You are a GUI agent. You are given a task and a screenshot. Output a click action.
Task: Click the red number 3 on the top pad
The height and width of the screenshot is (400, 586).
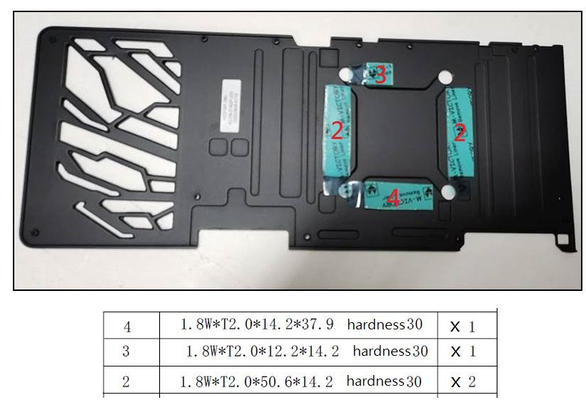point(380,73)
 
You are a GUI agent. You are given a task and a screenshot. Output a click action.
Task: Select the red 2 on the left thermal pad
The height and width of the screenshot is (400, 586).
point(337,130)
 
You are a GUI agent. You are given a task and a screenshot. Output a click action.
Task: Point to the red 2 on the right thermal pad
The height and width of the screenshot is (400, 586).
point(460,131)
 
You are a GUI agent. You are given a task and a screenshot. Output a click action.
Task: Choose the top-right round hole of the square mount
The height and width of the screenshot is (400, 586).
point(443,76)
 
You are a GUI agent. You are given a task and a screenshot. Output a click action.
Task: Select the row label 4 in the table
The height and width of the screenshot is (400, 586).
point(127,327)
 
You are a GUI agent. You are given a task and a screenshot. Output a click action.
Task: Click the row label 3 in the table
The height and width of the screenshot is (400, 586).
point(126,352)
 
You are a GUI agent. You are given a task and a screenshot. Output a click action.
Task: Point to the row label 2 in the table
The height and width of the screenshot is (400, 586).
point(126,381)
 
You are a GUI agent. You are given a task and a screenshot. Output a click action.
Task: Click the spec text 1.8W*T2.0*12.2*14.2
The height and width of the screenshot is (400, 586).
point(265,352)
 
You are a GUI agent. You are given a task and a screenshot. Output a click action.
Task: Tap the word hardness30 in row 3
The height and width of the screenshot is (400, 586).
point(390,352)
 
